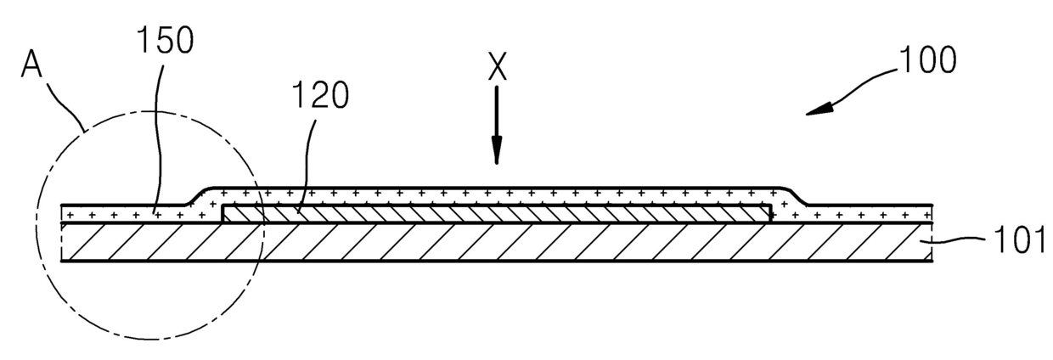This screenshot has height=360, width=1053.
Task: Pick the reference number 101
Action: coord(1016,242)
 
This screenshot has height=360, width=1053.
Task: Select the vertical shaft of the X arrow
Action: coord(498,119)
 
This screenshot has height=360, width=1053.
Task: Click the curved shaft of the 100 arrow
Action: coord(858,88)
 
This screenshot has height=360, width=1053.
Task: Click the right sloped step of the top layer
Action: coord(796,196)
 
